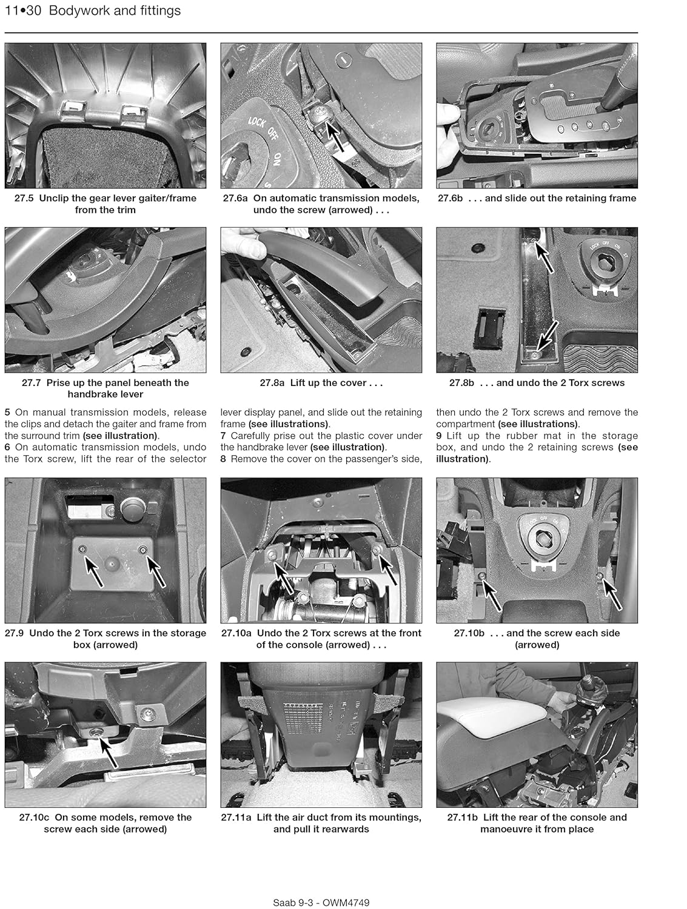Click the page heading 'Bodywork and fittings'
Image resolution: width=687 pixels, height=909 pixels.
[x=116, y=11]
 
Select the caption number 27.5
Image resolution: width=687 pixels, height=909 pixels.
[x=25, y=198]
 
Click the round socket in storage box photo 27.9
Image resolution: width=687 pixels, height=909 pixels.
[x=132, y=508]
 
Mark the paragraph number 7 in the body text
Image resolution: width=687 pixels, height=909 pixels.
[x=224, y=436]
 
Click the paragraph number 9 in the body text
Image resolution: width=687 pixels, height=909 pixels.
[x=440, y=436]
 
